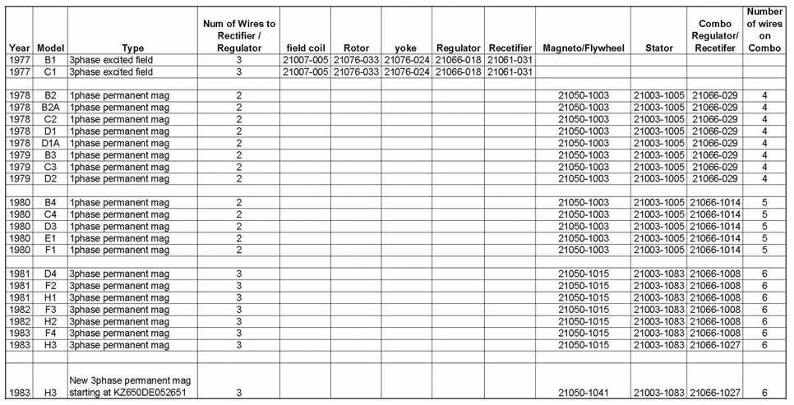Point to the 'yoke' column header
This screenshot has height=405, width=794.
tap(405, 48)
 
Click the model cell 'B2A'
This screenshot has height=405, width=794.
tap(50, 108)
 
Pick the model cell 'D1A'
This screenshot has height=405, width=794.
tap(50, 143)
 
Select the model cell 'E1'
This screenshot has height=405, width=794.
tap(50, 238)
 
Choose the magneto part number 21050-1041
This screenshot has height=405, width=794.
tap(582, 393)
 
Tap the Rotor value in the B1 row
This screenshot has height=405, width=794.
tap(356, 60)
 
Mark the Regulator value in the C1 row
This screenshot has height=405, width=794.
tap(458, 72)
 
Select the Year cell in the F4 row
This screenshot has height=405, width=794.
tap(18, 334)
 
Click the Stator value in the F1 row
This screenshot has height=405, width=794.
tap(659, 251)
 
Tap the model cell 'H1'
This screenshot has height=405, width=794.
tap(50, 298)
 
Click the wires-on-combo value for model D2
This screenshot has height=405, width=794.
tap(764, 179)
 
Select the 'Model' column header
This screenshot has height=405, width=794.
tap(50, 48)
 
